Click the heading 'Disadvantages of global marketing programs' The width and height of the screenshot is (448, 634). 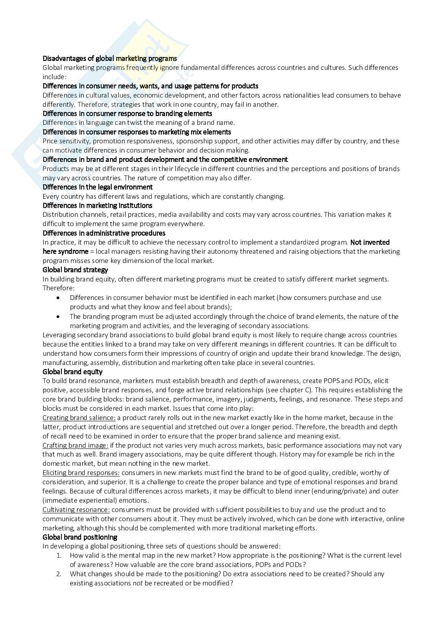pos(110,58)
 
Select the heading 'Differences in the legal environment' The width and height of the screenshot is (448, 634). pos(98,187)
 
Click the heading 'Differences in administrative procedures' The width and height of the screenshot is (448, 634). pos(104,233)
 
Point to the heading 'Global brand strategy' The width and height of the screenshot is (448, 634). pos(75,270)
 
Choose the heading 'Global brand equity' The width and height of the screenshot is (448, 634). pos(72,372)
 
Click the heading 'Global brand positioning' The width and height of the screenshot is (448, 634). pos(80,537)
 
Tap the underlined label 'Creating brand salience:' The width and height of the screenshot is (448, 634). pos(79,418)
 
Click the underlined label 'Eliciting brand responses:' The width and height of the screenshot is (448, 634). pos(81,473)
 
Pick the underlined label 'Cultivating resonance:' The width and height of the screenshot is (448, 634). pos(76,510)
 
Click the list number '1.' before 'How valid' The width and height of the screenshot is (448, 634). pos(59,556)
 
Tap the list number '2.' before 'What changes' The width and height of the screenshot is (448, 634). pos(59,574)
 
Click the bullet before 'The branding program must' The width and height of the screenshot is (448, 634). pos(59,316)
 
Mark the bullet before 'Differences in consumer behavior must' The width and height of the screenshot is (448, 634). pos(59,298)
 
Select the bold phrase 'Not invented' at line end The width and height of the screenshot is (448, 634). pos(370,242)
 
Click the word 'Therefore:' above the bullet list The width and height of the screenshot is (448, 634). pos(59,288)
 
